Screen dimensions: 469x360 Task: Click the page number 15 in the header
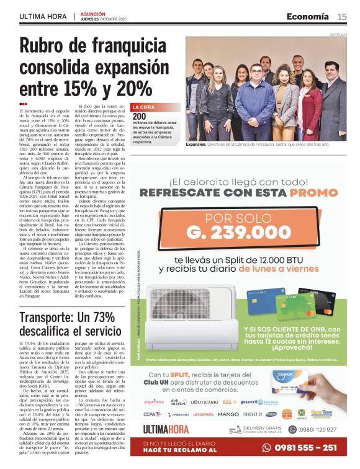click(x=342, y=16)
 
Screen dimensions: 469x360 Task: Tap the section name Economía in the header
click(x=308, y=16)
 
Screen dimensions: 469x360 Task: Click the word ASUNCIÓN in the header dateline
click(x=93, y=13)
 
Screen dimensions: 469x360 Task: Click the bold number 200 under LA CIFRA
click(x=140, y=116)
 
